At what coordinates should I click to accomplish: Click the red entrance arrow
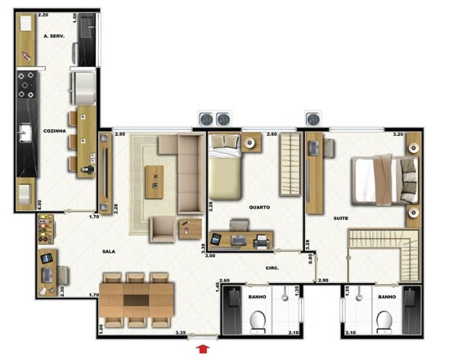202,349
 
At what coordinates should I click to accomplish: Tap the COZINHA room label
54,131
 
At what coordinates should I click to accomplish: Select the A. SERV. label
54,36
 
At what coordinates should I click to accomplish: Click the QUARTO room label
259,207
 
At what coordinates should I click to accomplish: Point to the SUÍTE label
341,218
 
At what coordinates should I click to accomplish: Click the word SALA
109,252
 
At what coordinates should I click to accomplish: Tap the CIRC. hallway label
272,268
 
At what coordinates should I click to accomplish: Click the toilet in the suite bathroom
384,322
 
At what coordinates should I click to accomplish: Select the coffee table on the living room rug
154,182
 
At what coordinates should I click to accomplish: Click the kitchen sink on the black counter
26,133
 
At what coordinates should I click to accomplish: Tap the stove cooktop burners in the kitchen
26,85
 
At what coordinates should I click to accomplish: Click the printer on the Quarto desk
261,241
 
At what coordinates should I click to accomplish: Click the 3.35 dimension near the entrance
180,333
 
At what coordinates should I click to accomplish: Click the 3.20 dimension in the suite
398,134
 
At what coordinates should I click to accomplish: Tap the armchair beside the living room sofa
162,229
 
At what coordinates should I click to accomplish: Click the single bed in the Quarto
224,167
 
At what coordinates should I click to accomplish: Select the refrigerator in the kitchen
84,88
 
